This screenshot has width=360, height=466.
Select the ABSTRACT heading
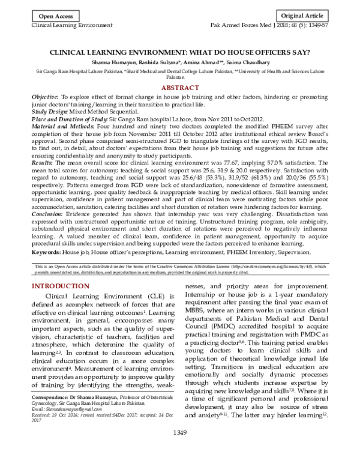click(x=179, y=88)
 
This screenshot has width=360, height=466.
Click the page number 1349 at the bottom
click(x=179, y=449)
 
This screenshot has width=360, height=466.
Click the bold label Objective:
click(x=45, y=97)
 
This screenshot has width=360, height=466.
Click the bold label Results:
click(x=43, y=162)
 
